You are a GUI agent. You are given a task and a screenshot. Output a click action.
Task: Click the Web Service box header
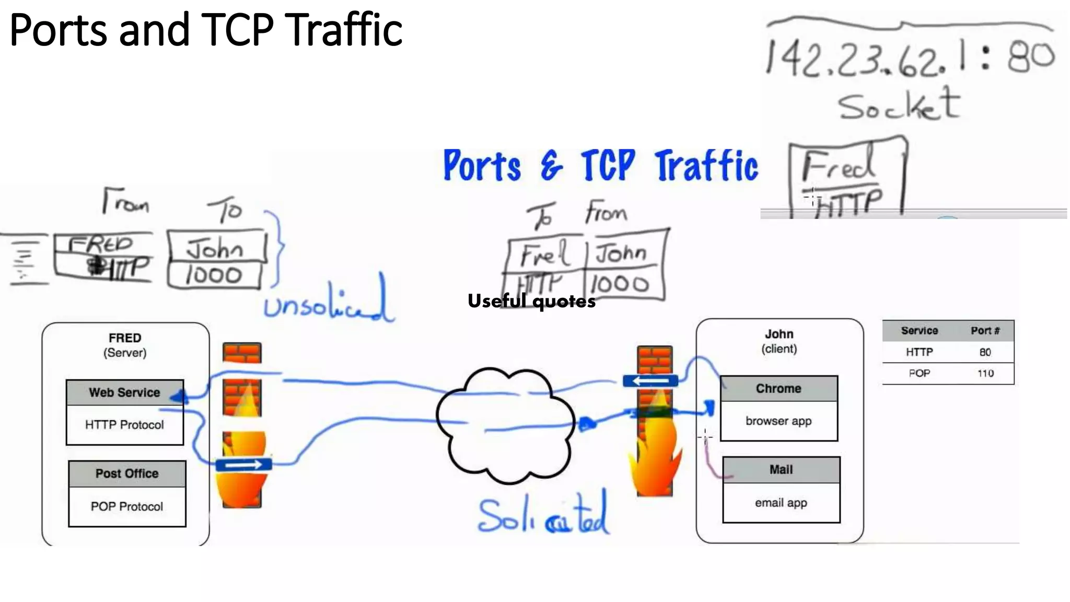(x=124, y=392)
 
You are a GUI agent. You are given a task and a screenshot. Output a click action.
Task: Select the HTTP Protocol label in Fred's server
(x=124, y=425)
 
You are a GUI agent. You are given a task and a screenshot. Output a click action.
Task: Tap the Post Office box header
(x=127, y=473)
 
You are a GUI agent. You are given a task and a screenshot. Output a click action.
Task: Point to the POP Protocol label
(x=127, y=506)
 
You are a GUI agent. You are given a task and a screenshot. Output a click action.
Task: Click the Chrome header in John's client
(x=778, y=388)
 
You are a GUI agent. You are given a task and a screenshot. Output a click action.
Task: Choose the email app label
(x=781, y=503)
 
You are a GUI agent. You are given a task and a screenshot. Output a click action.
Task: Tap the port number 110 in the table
(x=985, y=373)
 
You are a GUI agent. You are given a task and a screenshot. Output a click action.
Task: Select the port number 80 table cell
(x=985, y=352)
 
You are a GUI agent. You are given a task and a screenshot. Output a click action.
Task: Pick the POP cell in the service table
(x=919, y=373)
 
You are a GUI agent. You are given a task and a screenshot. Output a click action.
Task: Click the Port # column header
(x=985, y=331)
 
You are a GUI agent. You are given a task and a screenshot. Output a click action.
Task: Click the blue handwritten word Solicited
(x=543, y=516)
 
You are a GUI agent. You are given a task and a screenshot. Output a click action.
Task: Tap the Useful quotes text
(x=531, y=302)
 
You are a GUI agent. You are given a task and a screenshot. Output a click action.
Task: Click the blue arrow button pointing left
(x=650, y=381)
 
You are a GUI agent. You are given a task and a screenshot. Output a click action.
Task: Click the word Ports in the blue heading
(x=482, y=166)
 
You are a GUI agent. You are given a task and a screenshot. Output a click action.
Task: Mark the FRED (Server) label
(x=125, y=345)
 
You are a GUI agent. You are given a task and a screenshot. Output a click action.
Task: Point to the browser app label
(x=778, y=421)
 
